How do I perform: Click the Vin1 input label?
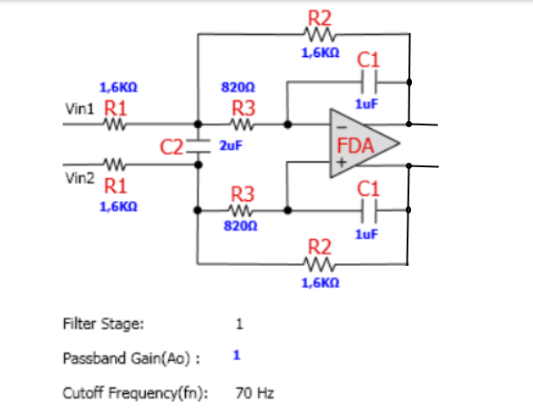79,109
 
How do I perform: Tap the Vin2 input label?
79,178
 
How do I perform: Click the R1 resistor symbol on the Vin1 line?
115,125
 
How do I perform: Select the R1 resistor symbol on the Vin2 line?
115,165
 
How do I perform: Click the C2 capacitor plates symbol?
198,147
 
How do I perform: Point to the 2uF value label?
230,146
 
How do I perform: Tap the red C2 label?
172,148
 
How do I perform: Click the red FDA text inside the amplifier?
355,146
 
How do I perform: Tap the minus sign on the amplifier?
342,128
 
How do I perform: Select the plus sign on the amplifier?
342,163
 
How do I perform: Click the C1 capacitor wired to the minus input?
369,82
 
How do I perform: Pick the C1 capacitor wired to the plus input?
369,211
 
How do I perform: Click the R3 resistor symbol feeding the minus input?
242,125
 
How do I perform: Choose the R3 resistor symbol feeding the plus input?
241,211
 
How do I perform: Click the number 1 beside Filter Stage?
239,324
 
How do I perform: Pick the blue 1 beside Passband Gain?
237,356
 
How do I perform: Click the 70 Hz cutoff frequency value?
254,393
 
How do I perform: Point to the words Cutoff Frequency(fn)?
135,393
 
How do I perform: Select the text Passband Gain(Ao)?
126,358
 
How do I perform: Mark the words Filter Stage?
104,324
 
